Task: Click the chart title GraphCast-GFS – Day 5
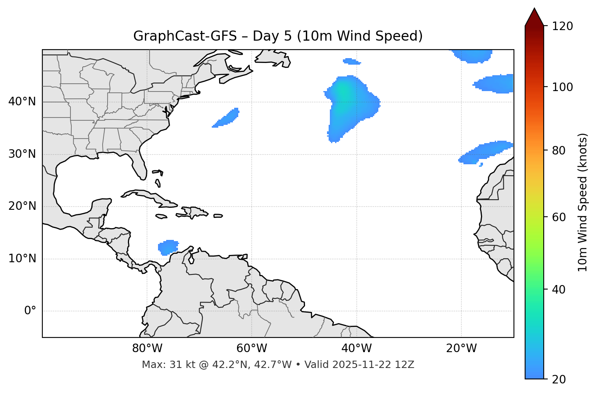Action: (x=278, y=36)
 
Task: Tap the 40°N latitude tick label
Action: (x=22, y=102)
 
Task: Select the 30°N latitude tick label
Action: (x=22, y=154)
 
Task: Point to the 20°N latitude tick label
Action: (x=22, y=206)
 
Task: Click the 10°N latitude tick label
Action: (x=22, y=259)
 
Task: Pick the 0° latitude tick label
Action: (x=30, y=311)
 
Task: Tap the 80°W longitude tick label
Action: (x=147, y=348)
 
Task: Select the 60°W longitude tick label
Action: (x=252, y=348)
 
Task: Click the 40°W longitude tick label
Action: (x=356, y=348)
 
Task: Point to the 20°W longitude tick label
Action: (x=461, y=348)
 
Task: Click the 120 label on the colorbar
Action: (x=562, y=26)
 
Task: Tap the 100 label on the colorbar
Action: (x=562, y=87)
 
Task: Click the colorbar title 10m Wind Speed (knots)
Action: (x=583, y=202)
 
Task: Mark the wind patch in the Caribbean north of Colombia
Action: (x=168, y=247)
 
